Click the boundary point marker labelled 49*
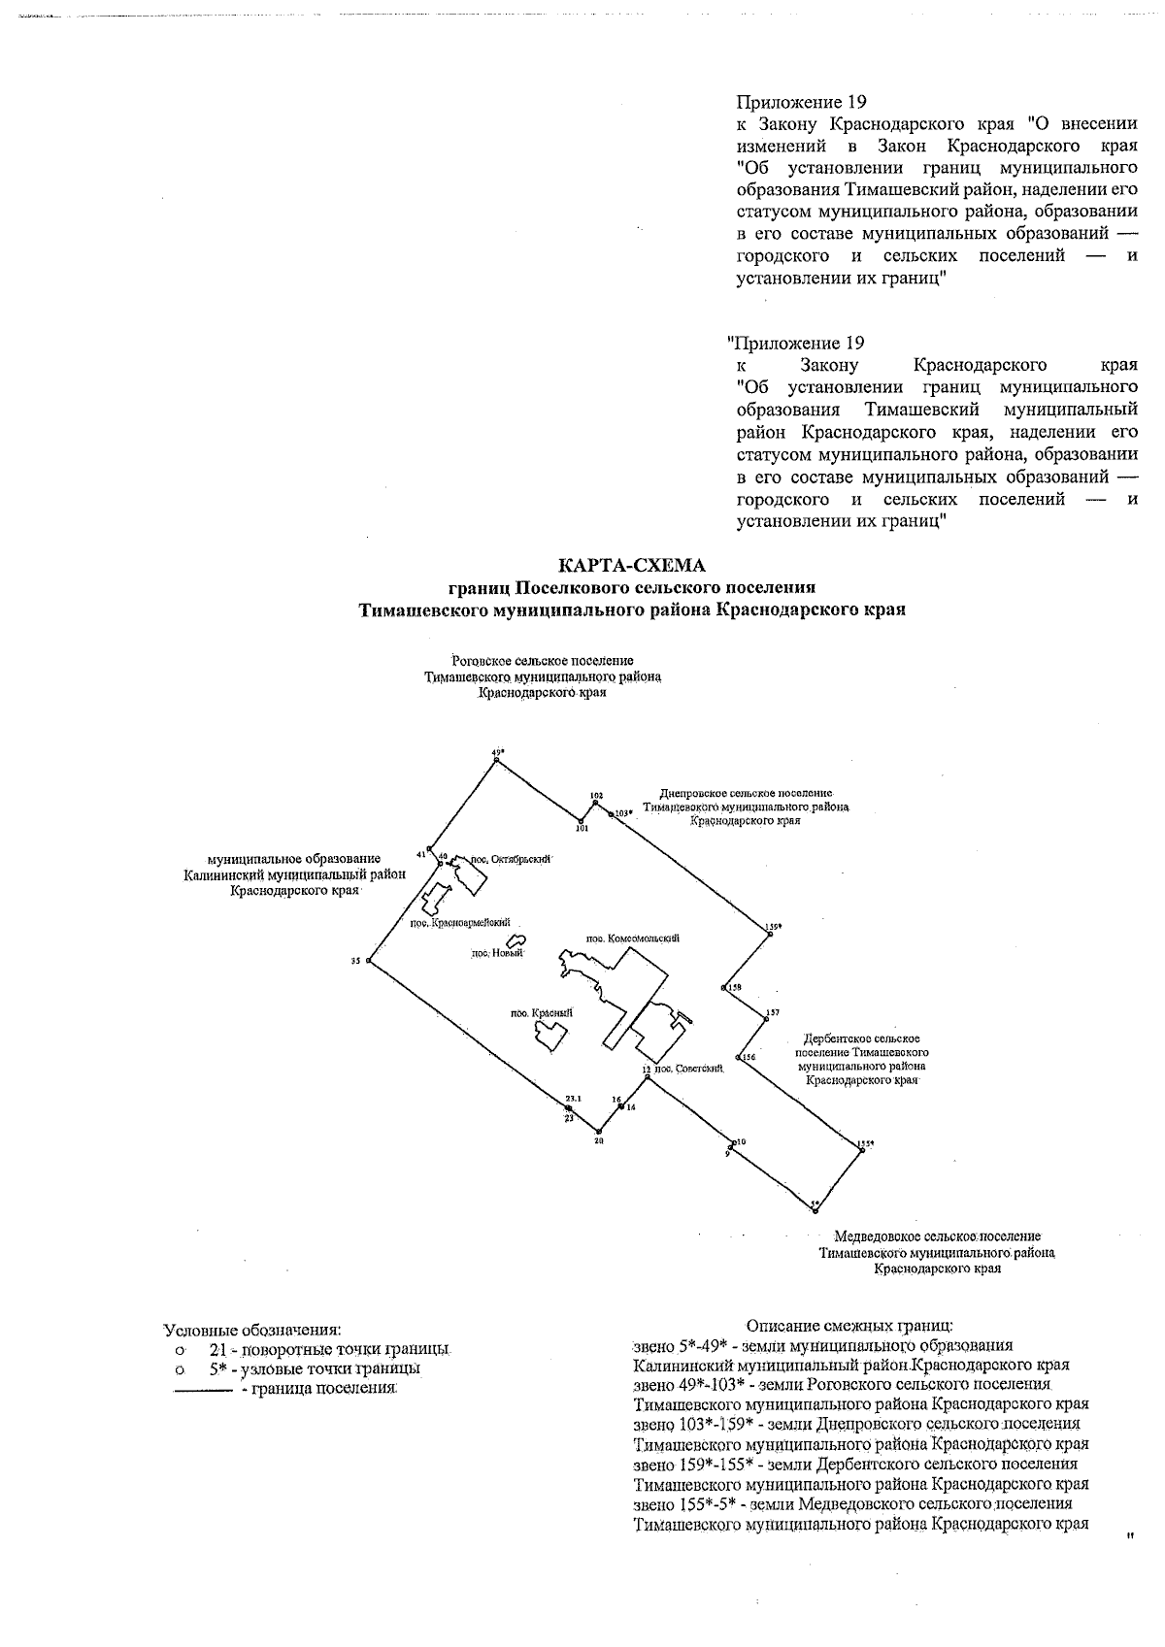[x=496, y=760]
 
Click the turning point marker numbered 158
[x=724, y=987]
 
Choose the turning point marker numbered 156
[x=740, y=1057]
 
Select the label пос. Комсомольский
[x=632, y=939]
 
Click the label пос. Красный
[x=541, y=1012]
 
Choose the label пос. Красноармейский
[x=459, y=924]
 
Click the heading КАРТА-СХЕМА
[x=631, y=566]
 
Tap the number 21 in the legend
[x=217, y=1350]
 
